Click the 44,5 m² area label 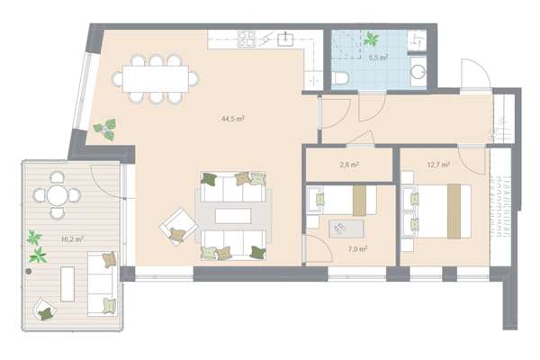[x=233, y=119]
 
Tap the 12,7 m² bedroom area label [x=438, y=165]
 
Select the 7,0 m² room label [x=357, y=248]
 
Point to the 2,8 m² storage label [x=349, y=165]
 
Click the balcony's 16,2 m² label [x=72, y=239]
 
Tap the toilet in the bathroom [x=340, y=77]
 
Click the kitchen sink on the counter [x=285, y=39]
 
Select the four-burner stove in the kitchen [x=247, y=39]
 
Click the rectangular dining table [x=156, y=79]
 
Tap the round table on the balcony [x=57, y=195]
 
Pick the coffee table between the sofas [x=233, y=216]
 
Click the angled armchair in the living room [x=178, y=226]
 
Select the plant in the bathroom [x=371, y=39]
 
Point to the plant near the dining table [x=105, y=130]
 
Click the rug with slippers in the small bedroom [x=346, y=229]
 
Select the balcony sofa [x=103, y=283]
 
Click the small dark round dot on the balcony [x=29, y=272]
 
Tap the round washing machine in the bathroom [x=418, y=72]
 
